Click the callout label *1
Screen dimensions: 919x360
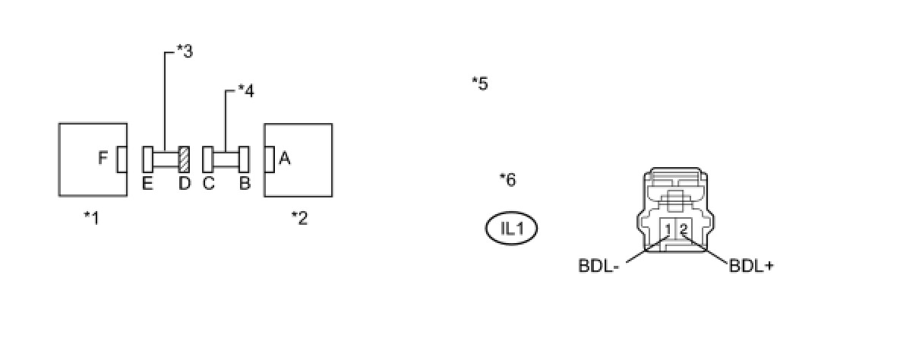[x=91, y=218]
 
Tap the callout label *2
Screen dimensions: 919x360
[x=299, y=218]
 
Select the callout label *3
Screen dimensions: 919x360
[x=184, y=52]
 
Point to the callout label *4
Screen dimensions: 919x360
[x=245, y=91]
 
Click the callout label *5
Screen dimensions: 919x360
[x=479, y=83]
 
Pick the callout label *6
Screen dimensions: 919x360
[x=507, y=180]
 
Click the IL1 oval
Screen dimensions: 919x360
[x=511, y=229]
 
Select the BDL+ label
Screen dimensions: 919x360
[x=751, y=266]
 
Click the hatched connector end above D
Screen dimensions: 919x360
[x=184, y=159]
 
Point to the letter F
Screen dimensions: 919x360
[x=104, y=159]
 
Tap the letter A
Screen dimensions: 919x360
[x=285, y=159]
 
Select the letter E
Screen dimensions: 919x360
[x=147, y=184]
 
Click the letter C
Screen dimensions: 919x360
[x=208, y=184]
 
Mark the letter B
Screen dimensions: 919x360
[x=245, y=184]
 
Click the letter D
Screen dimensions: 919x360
[x=184, y=184]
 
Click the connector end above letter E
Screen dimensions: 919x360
[x=147, y=159]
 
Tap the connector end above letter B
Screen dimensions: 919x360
[x=245, y=159]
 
